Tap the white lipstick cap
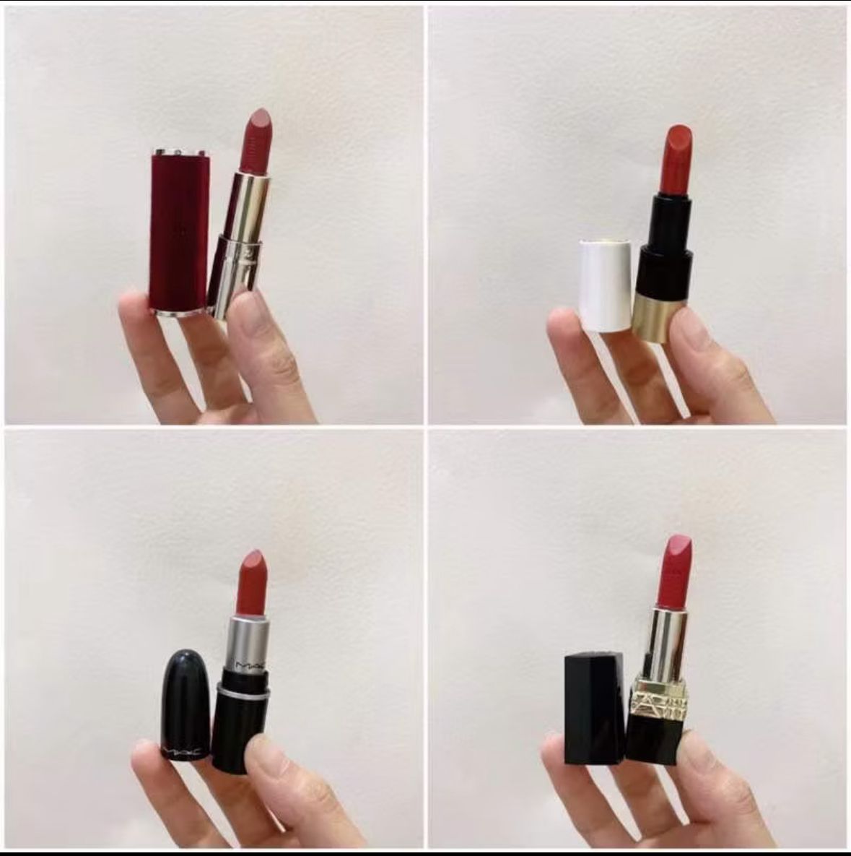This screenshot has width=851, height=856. click(x=605, y=285)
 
